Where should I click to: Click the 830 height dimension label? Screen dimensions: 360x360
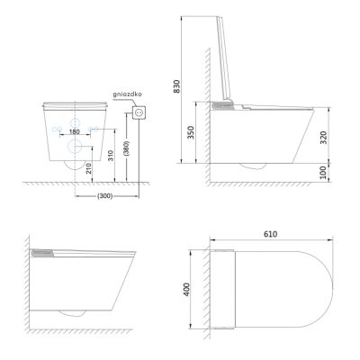(177, 86)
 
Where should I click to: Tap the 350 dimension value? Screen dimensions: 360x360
(191, 132)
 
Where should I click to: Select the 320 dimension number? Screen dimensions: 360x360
(323, 138)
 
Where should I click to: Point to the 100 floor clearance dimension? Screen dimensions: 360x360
(323, 173)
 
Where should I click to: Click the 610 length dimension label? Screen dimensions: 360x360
(271, 234)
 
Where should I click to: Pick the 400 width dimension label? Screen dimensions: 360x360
(186, 289)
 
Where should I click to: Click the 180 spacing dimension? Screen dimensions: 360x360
(74, 131)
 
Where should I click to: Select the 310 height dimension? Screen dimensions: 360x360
(111, 156)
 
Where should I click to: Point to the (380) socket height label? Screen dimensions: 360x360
(127, 148)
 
